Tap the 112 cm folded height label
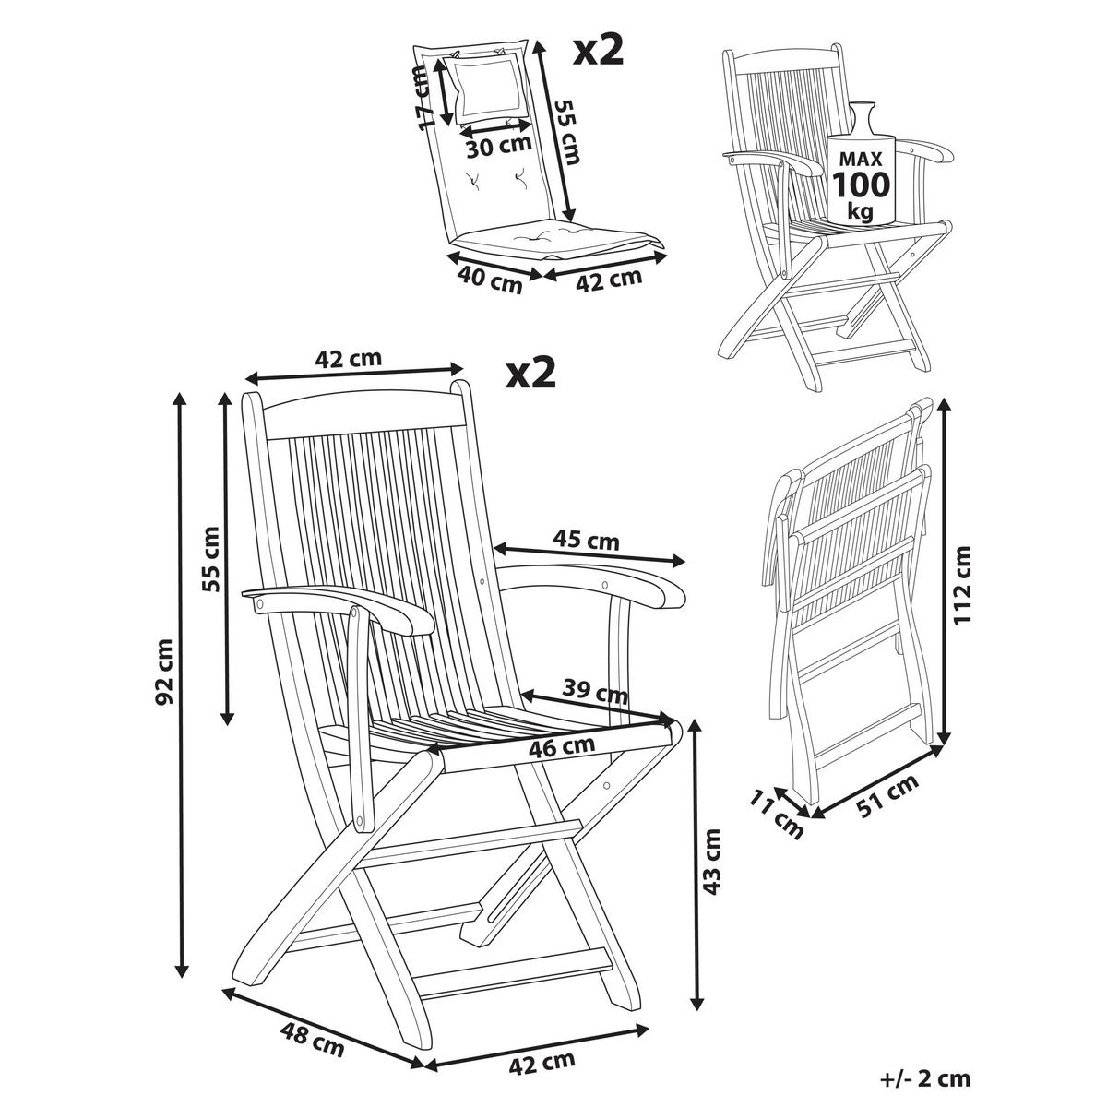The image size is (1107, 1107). [963, 585]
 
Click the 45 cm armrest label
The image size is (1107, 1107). [586, 541]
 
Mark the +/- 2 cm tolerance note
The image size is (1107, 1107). [924, 1077]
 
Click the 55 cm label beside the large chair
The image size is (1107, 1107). [211, 558]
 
